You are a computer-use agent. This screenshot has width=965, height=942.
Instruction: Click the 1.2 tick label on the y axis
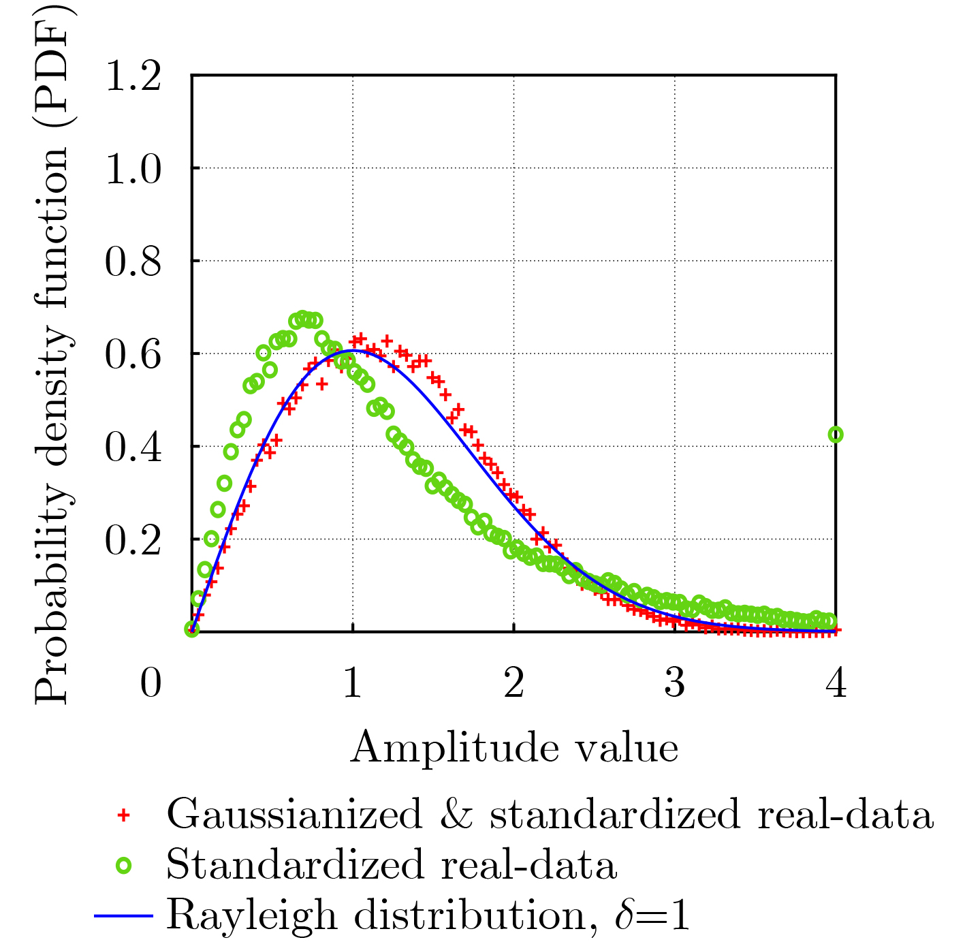[133, 76]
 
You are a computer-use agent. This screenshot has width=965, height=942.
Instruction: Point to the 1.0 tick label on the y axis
[133, 168]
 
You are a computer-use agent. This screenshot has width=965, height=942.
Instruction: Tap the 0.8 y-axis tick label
[133, 262]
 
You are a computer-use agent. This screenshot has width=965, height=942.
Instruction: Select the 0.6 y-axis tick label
[133, 354]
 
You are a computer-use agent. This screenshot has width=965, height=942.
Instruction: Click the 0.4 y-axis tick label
[133, 448]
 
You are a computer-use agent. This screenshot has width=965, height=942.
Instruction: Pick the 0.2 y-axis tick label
[133, 540]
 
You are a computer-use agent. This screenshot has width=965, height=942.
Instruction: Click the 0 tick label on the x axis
[151, 682]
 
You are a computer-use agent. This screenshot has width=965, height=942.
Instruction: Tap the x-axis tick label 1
[352, 682]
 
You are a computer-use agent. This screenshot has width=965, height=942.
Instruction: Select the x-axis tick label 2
[514, 682]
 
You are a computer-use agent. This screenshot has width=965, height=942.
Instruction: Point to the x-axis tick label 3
[675, 682]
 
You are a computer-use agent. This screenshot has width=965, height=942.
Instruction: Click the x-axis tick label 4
[836, 682]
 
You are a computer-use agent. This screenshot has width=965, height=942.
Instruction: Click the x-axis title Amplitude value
[514, 748]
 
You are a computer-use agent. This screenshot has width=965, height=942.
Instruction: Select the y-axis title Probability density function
[52, 354]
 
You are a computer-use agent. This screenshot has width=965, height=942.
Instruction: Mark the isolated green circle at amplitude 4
[836, 435]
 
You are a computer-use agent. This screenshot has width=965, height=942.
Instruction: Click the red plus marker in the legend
[123, 815]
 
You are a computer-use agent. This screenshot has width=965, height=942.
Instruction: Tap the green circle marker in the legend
[123, 866]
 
